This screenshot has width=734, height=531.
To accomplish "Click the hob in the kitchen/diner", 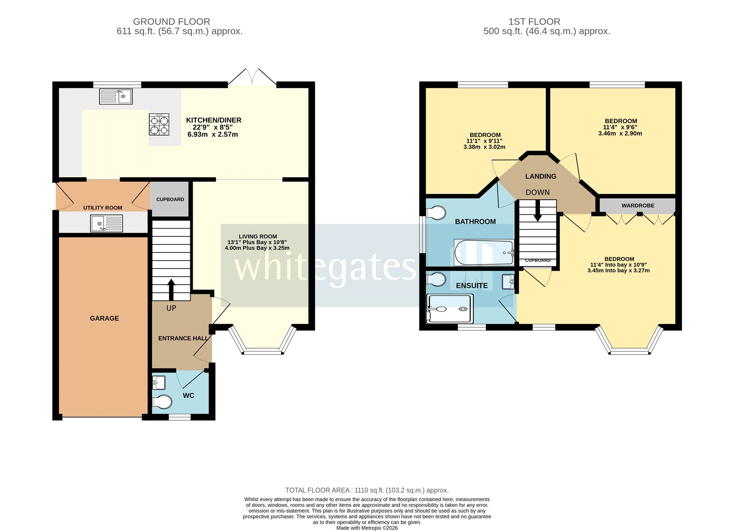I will click(x=159, y=124).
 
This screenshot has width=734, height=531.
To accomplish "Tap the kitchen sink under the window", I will click(x=116, y=96).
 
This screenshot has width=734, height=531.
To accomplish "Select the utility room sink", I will click(x=106, y=224).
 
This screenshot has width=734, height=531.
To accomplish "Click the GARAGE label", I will click(x=104, y=318).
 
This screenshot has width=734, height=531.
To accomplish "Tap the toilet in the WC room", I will click(x=161, y=402).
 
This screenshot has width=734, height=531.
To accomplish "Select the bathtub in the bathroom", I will click(x=484, y=252).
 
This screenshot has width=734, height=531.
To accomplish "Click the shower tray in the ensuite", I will click(x=449, y=309).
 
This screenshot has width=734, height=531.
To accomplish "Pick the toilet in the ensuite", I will click(x=436, y=279).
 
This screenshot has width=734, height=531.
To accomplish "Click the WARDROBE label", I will click(x=638, y=206).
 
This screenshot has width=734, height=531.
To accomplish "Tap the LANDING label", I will click(x=540, y=176).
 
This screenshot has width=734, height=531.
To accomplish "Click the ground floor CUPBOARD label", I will click(x=170, y=199).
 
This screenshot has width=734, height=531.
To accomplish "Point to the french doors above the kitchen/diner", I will click(x=252, y=77).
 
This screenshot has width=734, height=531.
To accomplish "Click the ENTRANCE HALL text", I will click(x=183, y=338).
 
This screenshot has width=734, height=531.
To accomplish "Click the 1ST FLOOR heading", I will click(x=534, y=22).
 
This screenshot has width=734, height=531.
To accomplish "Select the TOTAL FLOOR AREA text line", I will click(x=367, y=490).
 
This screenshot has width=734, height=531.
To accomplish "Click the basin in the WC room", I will click(x=159, y=382).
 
